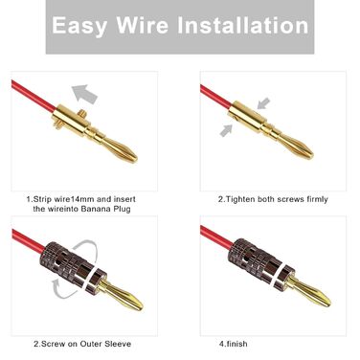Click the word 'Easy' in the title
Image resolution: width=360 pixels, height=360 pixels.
pyautogui.click(x=79, y=26)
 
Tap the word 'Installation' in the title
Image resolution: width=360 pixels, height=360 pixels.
pyautogui.click(x=243, y=25)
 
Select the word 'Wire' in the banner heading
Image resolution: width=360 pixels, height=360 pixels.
pyautogui.click(x=142, y=25)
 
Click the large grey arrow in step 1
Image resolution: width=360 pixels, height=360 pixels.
pyautogui.click(x=84, y=94)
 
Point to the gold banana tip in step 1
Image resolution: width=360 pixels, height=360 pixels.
pyautogui.click(x=121, y=149)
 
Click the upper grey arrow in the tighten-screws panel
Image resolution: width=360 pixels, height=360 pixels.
pyautogui.click(x=263, y=103)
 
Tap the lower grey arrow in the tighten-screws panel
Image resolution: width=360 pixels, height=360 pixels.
pyautogui.click(x=226, y=130)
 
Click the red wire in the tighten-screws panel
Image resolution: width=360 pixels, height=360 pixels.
pyautogui.click(x=216, y=96)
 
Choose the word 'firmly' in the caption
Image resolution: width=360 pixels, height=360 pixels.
pyautogui.click(x=317, y=199)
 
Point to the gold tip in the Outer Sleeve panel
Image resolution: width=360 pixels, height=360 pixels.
pyautogui.click(x=123, y=294)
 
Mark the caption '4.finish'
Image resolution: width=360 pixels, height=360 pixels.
pyautogui.click(x=233, y=344)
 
